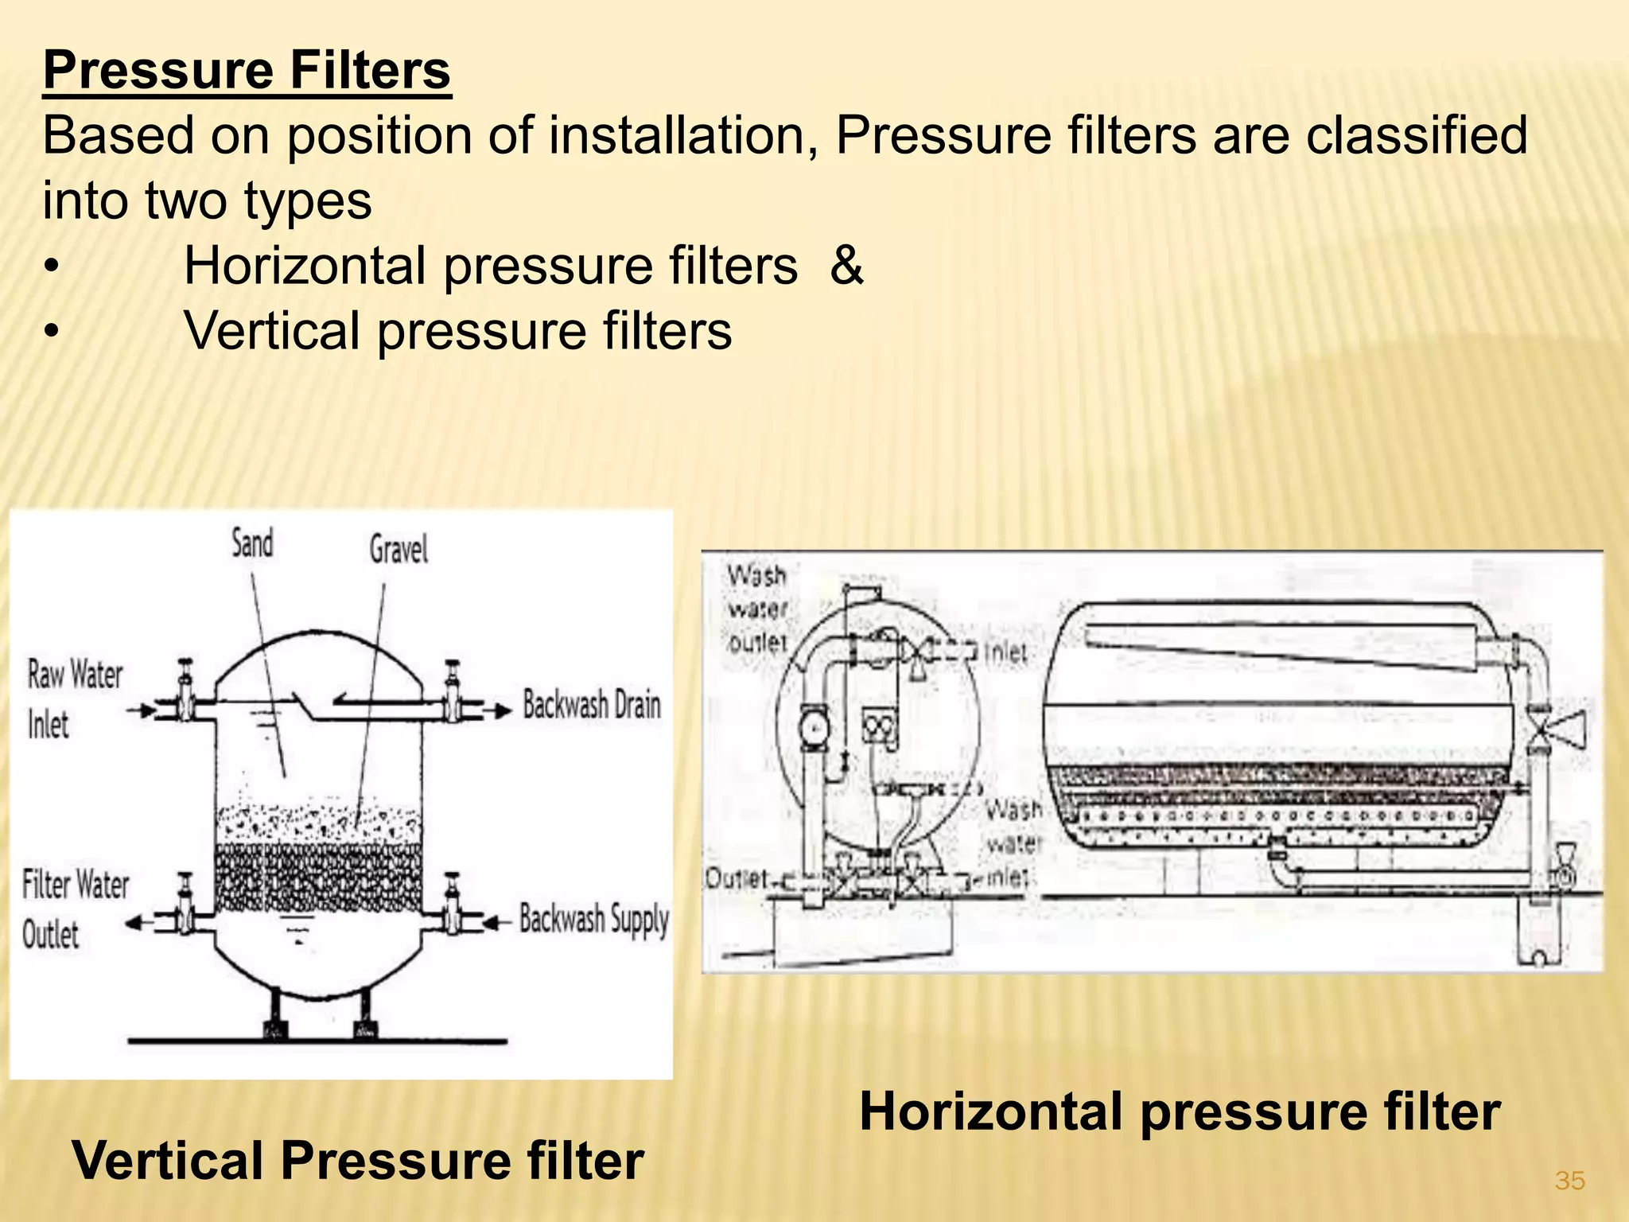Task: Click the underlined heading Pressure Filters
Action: pos(247,70)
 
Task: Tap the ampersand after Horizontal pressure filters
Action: pos(846,265)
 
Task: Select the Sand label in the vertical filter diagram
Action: pos(252,543)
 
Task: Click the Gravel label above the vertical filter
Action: pos(399,549)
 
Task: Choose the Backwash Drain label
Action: pos(592,705)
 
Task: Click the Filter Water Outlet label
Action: pos(75,909)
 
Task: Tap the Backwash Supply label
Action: pos(593,919)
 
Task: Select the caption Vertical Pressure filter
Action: pos(358,1160)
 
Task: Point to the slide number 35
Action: pos(1569,1181)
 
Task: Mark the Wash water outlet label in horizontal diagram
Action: pos(757,609)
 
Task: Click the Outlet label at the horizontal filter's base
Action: pos(737,878)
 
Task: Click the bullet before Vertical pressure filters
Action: pos(51,331)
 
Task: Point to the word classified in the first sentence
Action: pos(1416,135)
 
